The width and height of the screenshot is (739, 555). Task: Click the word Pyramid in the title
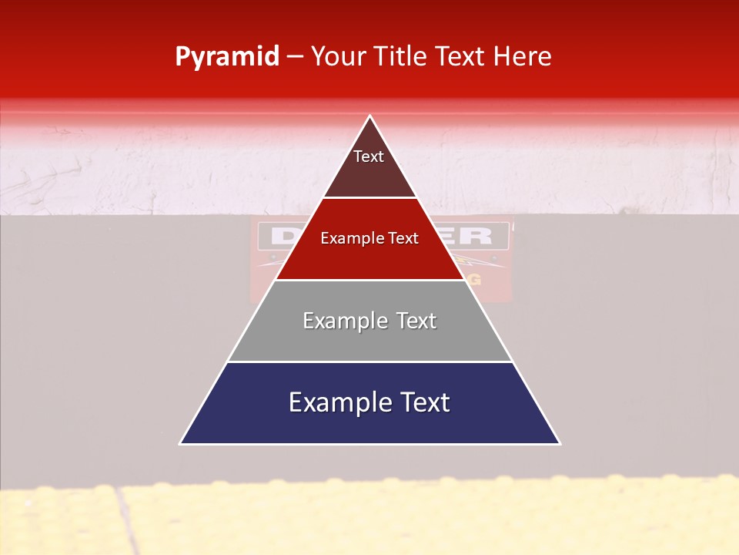(x=227, y=57)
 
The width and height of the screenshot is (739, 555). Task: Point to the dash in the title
(x=295, y=57)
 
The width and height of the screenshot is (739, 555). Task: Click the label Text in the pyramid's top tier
(x=369, y=156)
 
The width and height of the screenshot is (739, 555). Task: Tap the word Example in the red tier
(x=349, y=238)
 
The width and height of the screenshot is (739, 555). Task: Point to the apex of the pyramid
(x=369, y=117)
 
